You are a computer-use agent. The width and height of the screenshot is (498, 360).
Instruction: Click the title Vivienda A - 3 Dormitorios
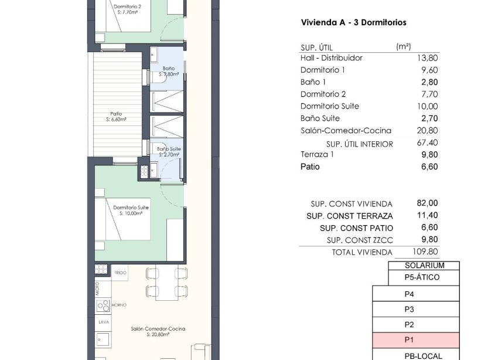[x=353, y=23]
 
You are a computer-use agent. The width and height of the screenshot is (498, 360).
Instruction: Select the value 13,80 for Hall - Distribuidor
[x=427, y=58]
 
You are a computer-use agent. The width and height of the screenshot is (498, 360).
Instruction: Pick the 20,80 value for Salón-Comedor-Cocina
[x=427, y=131]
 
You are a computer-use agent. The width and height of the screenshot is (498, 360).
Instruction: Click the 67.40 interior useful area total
[x=427, y=143]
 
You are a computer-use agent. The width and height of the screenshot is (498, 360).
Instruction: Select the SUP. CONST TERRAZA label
[x=350, y=216]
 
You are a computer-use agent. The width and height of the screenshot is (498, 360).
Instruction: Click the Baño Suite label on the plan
[x=169, y=150]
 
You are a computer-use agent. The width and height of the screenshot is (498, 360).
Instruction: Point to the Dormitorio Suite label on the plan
[x=131, y=208]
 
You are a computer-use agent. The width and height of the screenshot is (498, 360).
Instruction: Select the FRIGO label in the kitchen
[x=120, y=273]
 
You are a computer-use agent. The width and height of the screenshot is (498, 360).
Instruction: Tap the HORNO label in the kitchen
[x=119, y=305]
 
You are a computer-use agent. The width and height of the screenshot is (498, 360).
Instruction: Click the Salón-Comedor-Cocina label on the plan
[x=158, y=329]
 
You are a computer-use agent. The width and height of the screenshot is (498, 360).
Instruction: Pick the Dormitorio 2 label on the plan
[x=127, y=6]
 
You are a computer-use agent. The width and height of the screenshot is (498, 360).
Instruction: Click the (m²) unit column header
[x=403, y=46]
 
